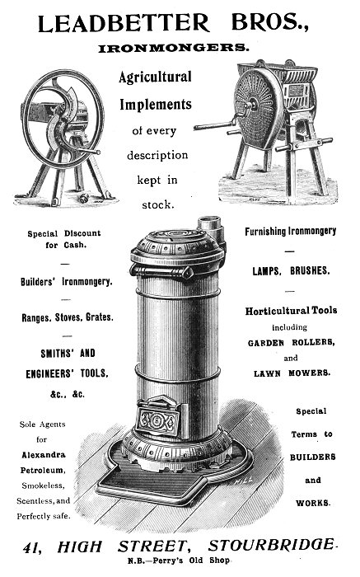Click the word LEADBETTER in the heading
pos(124,23)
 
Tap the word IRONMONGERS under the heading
pos(173,48)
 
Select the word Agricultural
pos(155,77)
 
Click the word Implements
pos(156,105)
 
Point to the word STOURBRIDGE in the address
pos(271,545)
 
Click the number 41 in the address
pos(32,548)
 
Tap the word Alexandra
pos(44,455)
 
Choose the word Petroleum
pos(43,471)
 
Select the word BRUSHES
pos(310,271)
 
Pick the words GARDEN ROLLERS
pos(292,343)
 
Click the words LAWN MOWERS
pos(292,373)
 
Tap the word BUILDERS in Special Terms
pos(312,457)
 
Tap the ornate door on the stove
pos(159,416)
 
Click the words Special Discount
pos(64,233)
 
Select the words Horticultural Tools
pos(292,311)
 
